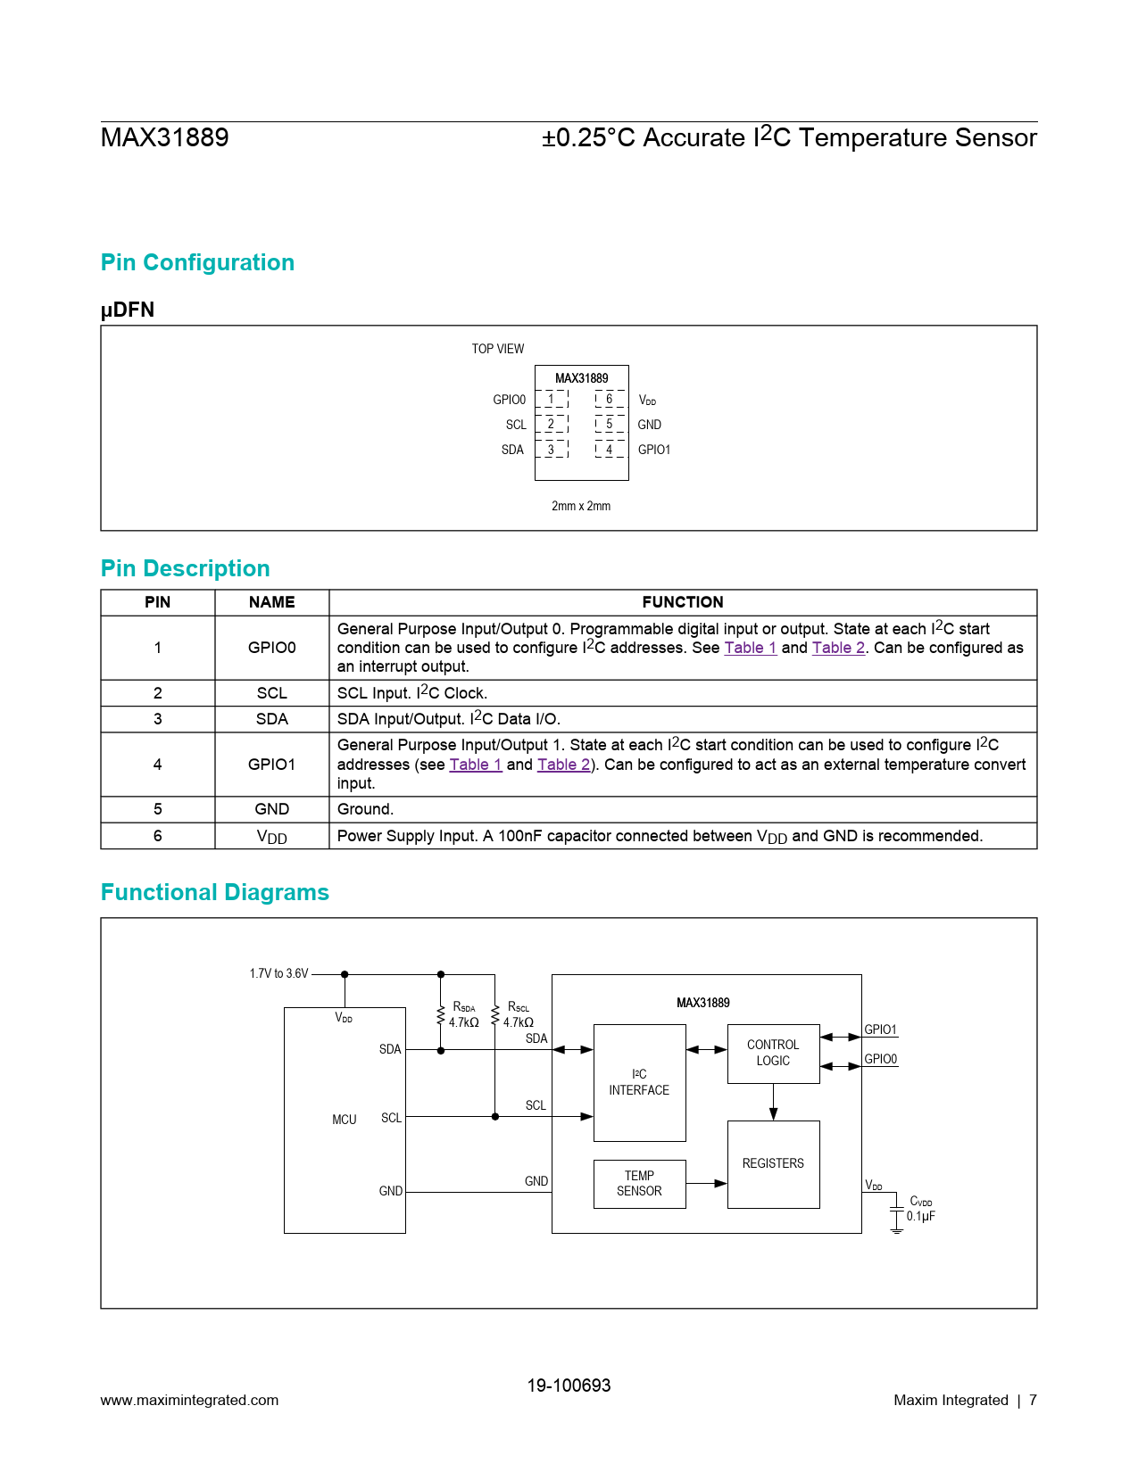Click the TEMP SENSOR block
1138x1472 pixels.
pos(639,1184)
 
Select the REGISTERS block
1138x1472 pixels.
pos(773,1163)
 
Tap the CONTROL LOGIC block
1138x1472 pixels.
pos(773,1053)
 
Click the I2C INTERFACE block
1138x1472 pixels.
pos(639,1082)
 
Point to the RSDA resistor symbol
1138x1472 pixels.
pos(441,1015)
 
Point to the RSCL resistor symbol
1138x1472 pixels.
pos(495,1015)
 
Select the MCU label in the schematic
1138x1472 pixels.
pos(345,1120)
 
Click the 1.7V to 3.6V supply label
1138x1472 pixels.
pos(278,973)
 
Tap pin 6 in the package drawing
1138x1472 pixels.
pos(610,400)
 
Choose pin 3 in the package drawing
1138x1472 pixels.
pos(551,450)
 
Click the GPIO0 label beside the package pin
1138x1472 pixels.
pos(509,400)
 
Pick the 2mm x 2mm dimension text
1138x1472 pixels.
pos(581,506)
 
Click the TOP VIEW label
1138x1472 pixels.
pos(498,349)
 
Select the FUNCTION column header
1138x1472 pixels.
pos(683,602)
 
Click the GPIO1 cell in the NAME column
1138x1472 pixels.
pos(271,765)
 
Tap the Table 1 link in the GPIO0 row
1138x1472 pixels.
pos(750,648)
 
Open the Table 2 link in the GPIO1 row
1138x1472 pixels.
pos(563,765)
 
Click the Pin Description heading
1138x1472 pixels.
pos(186,568)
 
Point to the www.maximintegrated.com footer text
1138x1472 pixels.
pos(189,1400)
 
